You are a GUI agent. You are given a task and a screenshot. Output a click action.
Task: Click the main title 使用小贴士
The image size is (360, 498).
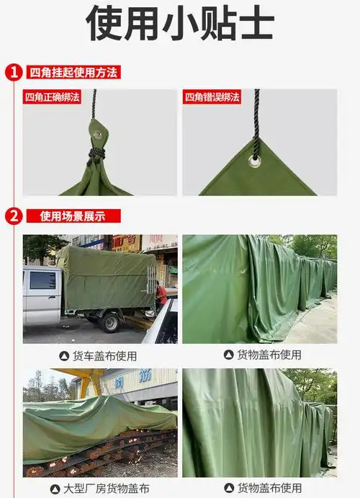coord(180,24)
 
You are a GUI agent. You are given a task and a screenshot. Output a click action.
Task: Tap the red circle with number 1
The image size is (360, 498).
coord(14,72)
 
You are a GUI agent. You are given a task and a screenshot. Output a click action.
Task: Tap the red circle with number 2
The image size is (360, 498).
coord(14,215)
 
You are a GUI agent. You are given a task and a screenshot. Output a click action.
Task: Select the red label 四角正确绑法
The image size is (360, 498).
coord(52,97)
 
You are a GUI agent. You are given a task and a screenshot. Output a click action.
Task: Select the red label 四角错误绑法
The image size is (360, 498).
coord(212,97)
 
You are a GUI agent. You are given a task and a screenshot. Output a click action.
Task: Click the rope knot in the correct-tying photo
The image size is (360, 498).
coord(95,154)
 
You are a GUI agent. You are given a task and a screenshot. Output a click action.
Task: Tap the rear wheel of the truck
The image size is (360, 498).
coord(109,322)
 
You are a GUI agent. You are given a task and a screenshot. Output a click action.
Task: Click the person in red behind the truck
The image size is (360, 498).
coord(161,294)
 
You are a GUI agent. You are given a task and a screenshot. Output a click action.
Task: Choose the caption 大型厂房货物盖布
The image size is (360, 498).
coord(106,489)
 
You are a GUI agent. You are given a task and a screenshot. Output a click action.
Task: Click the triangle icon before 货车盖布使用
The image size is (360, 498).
coord(64,356)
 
